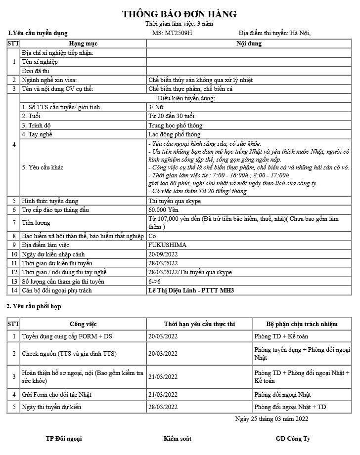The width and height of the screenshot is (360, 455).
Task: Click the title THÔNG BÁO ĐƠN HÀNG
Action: pos(180,14)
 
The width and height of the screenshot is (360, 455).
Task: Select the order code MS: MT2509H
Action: pos(172,33)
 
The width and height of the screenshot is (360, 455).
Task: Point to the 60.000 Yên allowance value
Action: pos(163,210)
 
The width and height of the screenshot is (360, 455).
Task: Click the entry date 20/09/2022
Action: pos(163,254)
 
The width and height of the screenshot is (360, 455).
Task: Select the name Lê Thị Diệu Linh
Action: pos(173,290)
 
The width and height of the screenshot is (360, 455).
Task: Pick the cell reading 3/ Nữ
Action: pos(155,107)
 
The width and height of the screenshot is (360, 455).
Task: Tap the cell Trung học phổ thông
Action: pos(175,125)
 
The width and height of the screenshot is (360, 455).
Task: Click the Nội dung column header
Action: pos(249,43)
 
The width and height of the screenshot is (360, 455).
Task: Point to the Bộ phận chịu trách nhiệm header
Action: pos(302,324)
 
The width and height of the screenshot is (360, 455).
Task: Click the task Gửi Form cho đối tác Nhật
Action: pos(57,395)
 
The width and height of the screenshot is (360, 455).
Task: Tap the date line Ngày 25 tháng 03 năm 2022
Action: pos(272,418)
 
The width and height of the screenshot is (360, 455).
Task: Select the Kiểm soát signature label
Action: pos(178,438)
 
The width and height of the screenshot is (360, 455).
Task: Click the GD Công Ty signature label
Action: pos(293,438)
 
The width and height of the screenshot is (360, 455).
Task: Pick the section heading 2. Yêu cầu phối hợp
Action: pos(34,306)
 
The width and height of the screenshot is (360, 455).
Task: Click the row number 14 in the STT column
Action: pos(13,290)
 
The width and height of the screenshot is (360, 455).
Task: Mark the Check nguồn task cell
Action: pos(70,354)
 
